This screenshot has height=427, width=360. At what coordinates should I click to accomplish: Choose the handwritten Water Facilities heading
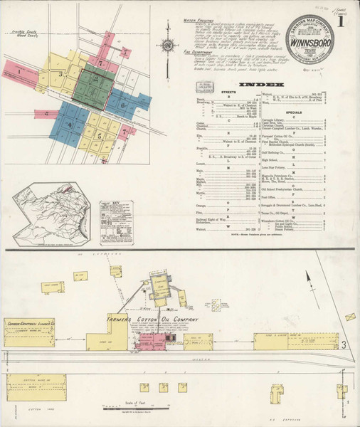click(200, 22)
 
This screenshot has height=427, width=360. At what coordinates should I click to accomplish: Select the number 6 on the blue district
click(122, 106)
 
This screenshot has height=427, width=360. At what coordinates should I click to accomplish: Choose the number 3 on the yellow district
click(61, 73)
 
